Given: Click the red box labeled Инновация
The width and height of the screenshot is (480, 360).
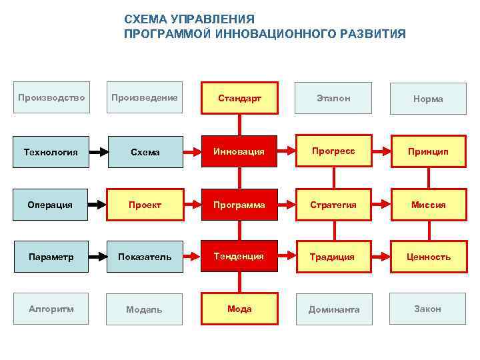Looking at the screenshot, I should [239, 151].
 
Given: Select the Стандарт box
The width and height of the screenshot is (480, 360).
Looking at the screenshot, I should [239, 99].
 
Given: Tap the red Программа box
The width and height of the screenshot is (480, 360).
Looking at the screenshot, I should [239, 205].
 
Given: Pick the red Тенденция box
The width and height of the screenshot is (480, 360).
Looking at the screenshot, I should [239, 256].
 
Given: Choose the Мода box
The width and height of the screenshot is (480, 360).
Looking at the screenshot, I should [239, 309].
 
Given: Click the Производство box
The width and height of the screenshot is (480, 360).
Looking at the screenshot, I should [51, 98].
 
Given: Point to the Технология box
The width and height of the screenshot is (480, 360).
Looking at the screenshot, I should [51, 152].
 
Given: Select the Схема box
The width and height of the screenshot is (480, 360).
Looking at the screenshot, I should [145, 152].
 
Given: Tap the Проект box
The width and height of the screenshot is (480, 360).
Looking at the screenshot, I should [145, 205].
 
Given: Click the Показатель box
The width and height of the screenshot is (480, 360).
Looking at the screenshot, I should [145, 257].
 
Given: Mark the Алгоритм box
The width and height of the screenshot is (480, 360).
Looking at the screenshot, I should [51, 309].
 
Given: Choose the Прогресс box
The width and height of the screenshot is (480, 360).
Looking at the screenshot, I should [333, 151].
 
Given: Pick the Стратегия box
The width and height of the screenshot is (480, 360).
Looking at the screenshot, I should [333, 205].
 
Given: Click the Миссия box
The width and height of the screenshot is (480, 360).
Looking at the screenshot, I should [428, 205].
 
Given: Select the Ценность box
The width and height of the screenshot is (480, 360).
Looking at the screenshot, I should [428, 257].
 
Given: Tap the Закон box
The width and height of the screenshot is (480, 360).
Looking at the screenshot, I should [428, 309].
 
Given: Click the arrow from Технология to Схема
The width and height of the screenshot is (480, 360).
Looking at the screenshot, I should [98, 152].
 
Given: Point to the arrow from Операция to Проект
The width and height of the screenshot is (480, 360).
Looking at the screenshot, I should [98, 205].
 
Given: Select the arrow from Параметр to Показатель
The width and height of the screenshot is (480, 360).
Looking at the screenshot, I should [98, 257].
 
